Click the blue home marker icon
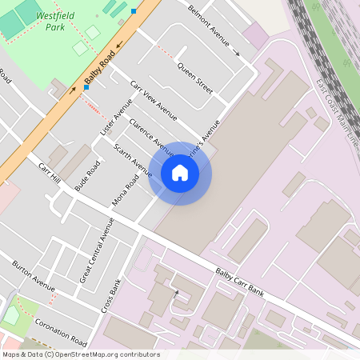[x=180, y=173]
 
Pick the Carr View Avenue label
[x=154, y=106]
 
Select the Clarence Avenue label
[x=151, y=138]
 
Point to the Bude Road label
[x=87, y=175]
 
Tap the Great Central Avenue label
[x=97, y=249]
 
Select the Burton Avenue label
[x=33, y=275]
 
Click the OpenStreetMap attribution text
[x=81, y=354]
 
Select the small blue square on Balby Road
[x=134, y=11]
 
